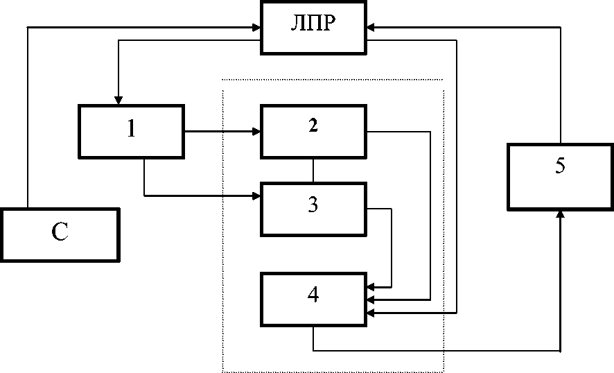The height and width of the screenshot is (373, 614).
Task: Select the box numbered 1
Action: [131, 130]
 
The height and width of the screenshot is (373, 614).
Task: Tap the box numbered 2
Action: [313, 130]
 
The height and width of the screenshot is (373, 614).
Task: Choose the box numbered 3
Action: [313, 209]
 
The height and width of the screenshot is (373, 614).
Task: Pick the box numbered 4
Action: [313, 298]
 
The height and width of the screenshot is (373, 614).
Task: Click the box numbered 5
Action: [560, 176]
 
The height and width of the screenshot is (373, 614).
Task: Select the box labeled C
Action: [60, 234]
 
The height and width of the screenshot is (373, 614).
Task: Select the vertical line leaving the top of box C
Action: [27, 118]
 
